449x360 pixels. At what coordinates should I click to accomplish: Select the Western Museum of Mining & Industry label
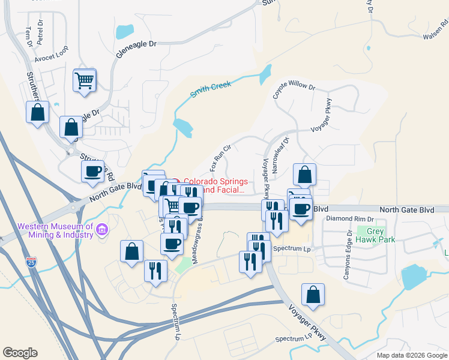click(55, 230)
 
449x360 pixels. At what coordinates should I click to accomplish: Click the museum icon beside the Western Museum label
click(102, 229)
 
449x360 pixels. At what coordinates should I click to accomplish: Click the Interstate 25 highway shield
click(31, 262)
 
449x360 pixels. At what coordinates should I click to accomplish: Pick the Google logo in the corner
click(20, 353)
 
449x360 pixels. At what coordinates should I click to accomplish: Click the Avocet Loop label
click(51, 59)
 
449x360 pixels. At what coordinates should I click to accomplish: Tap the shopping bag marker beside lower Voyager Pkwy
click(313, 295)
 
